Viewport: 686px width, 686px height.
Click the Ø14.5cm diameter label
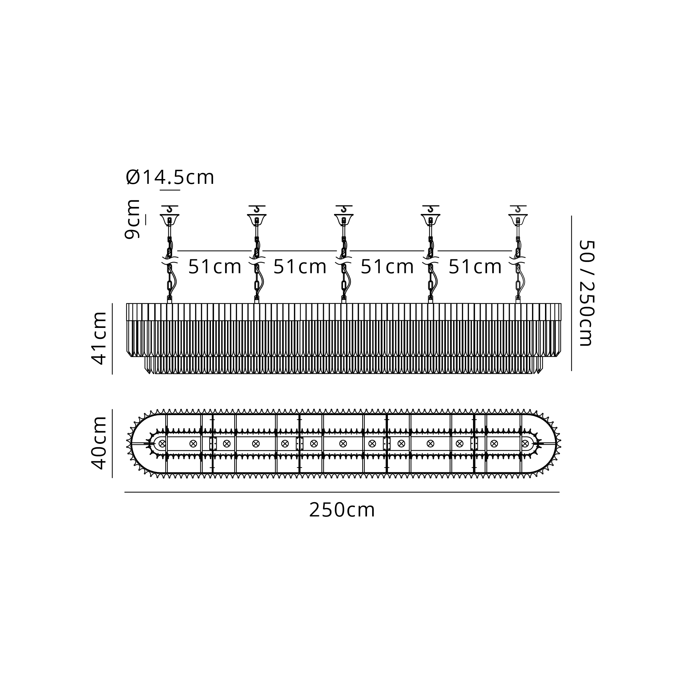(170, 177)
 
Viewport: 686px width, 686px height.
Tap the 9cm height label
(132, 219)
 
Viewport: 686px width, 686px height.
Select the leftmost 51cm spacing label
(215, 267)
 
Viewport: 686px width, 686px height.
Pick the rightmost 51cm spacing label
(475, 267)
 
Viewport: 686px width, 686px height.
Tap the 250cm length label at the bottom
(342, 510)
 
